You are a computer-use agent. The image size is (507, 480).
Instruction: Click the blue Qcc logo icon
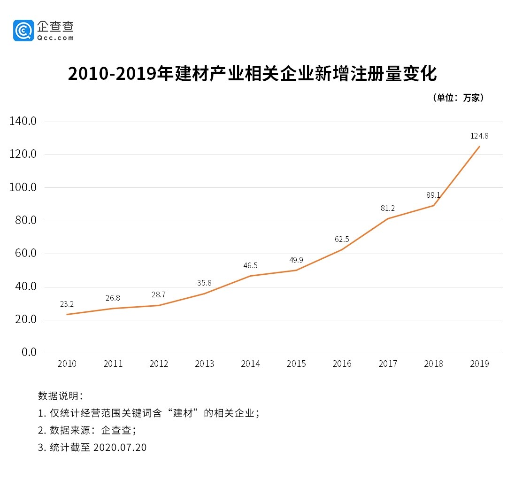23,31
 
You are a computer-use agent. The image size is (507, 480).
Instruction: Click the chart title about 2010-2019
253,74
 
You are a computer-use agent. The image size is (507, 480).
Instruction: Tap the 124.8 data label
479,136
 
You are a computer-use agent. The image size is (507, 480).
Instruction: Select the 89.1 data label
433,195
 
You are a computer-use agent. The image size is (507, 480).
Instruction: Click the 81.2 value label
388,208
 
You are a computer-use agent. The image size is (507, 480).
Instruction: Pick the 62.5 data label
342,239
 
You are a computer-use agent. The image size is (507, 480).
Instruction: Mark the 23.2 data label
67,304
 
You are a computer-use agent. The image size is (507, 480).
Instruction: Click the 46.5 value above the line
250,265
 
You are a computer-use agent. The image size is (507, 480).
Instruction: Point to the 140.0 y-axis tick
23,122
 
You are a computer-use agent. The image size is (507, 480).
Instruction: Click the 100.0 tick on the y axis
23,188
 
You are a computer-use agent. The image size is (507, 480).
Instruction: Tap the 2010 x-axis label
67,364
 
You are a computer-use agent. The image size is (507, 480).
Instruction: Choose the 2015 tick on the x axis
296,364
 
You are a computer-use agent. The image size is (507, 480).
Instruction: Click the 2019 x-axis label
479,364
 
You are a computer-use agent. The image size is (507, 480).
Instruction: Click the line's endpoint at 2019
479,147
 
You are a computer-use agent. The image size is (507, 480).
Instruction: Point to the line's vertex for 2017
388,218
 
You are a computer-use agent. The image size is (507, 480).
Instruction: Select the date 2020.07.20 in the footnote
120,448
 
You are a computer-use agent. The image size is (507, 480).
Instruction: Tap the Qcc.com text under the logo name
56,38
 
